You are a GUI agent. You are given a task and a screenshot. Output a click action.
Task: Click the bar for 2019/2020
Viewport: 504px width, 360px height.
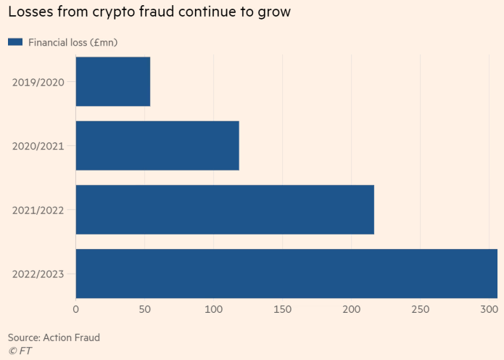click(112, 81)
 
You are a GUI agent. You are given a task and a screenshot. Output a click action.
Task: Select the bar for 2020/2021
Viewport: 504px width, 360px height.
click(157, 145)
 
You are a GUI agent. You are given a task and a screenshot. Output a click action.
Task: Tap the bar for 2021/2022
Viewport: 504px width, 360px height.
click(225, 210)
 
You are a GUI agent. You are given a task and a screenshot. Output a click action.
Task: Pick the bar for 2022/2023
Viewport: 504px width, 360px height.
click(286, 274)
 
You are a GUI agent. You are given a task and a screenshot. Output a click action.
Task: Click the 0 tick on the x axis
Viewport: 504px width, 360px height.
click(75, 310)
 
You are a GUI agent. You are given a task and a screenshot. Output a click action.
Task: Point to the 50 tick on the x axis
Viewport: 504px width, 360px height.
click(144, 310)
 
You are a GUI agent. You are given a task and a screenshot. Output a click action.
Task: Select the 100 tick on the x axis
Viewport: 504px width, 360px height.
click(213, 310)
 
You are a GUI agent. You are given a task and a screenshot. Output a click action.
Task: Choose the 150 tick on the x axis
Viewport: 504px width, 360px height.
click(282, 310)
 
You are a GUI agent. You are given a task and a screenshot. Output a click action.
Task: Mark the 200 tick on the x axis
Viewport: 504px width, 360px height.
click(351, 310)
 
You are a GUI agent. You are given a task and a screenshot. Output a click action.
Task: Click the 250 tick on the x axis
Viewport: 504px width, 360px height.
click(420, 310)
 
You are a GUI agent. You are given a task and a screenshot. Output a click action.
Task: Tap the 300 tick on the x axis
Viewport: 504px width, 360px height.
click(489, 310)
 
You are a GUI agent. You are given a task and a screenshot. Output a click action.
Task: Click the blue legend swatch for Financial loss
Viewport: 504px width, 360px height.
click(15, 42)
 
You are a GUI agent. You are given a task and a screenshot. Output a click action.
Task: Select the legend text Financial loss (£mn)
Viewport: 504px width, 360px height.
click(73, 42)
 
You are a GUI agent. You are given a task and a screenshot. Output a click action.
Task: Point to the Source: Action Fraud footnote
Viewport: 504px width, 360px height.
click(54, 337)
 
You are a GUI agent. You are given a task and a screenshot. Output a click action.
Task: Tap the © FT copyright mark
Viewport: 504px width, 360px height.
click(20, 351)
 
